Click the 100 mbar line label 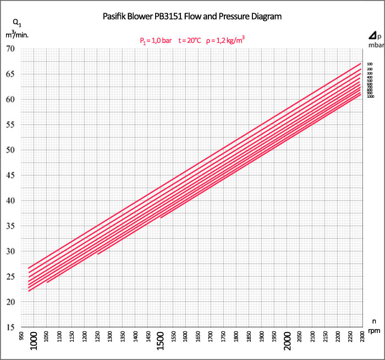click(x=370, y=64)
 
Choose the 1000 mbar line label click(x=370, y=96)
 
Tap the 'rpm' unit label click(x=373, y=330)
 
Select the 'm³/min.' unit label click(x=17, y=34)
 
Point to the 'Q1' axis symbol click(x=16, y=23)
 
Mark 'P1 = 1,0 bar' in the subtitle click(x=156, y=40)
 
